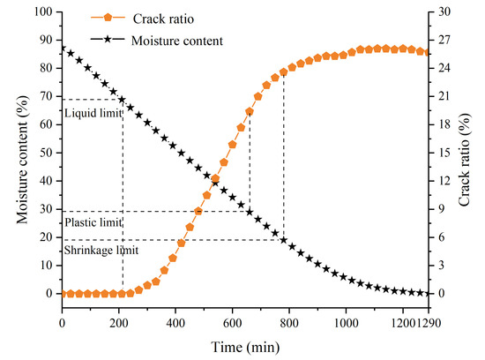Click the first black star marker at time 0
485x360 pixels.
(x=62, y=49)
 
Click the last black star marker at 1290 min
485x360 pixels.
(x=429, y=293)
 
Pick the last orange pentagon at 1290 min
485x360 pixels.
(x=429, y=52)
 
